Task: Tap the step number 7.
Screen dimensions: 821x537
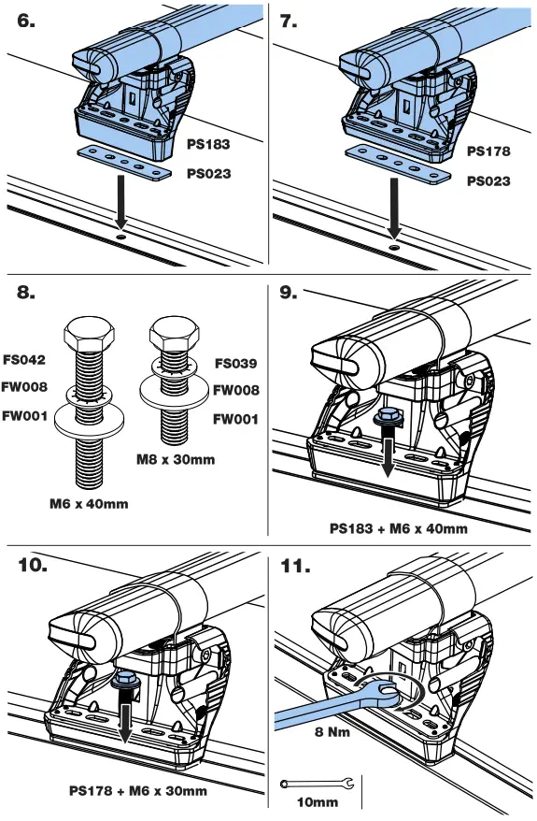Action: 289,22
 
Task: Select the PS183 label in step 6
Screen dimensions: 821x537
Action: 207,145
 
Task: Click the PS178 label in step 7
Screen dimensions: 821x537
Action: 488,151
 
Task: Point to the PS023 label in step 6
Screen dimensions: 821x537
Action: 207,173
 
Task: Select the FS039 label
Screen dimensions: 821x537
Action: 235,363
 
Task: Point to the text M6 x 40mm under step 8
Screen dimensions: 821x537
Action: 89,503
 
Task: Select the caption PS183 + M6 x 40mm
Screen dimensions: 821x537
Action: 399,528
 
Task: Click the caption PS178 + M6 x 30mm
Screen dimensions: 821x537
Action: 138,791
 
